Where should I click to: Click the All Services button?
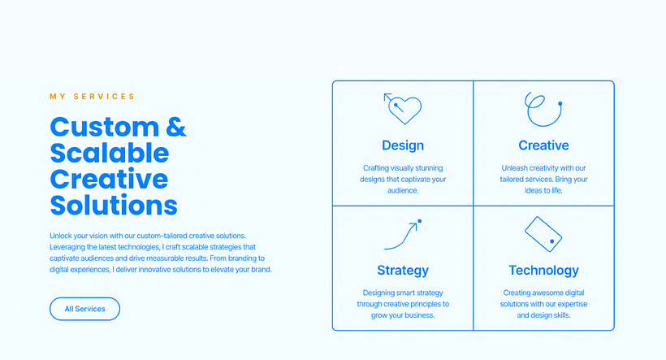click(x=85, y=309)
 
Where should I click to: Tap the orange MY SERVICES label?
click(x=92, y=97)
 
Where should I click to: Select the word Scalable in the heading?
click(x=110, y=153)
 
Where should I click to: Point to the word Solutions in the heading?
click(x=114, y=206)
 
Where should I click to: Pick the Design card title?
click(x=403, y=145)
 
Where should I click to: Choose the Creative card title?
click(x=543, y=145)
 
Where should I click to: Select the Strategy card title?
click(x=403, y=271)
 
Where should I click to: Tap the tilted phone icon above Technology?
click(x=543, y=234)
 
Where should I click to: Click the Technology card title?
click(x=543, y=271)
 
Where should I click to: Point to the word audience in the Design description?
click(x=402, y=191)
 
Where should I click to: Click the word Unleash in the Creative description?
click(x=515, y=168)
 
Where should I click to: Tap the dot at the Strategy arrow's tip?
click(x=420, y=221)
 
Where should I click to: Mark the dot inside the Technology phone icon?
click(x=552, y=241)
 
